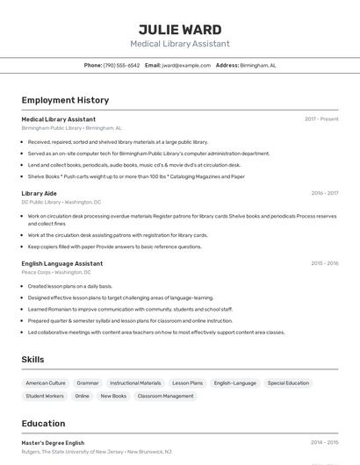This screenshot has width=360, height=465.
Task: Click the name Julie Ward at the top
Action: tap(180, 29)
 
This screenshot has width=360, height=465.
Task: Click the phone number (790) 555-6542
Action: tap(121, 65)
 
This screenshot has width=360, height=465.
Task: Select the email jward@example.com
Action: tap(179, 65)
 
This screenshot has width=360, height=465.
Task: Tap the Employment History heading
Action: tap(65, 101)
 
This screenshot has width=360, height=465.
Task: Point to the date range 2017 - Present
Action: tap(321, 119)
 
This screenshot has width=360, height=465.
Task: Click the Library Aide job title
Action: tap(39, 193)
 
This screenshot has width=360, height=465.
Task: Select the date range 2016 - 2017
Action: tap(324, 193)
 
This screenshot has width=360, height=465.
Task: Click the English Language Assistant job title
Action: tap(61, 263)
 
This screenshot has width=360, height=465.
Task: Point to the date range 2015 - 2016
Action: tap(324, 263)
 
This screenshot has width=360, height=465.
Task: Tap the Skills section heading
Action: tap(32, 360)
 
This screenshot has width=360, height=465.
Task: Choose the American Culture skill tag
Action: tap(46, 383)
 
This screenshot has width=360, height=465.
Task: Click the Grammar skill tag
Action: tap(88, 383)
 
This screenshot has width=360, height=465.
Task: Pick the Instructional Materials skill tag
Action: tap(135, 383)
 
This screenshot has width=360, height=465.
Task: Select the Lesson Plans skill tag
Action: tap(187, 383)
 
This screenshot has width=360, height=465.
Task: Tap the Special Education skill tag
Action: tap(288, 383)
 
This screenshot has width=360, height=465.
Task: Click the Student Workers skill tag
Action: tap(45, 397)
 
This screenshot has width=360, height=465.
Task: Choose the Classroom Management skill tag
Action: tap(166, 397)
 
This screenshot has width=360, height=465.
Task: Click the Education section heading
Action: tap(44, 424)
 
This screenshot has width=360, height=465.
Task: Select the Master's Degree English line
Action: tap(53, 443)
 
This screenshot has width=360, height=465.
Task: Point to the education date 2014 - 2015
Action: tap(324, 443)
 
